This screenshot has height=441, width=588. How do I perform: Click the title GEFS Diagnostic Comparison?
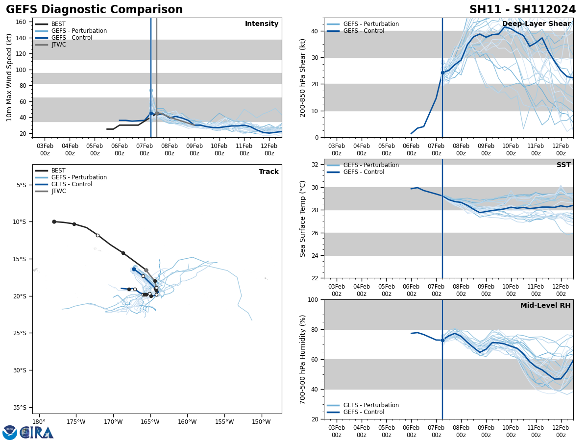click(x=94, y=10)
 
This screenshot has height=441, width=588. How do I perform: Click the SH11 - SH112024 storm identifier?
click(x=522, y=10)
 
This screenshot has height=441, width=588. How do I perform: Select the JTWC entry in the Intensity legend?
click(x=58, y=45)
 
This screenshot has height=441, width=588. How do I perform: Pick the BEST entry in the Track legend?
click(x=58, y=171)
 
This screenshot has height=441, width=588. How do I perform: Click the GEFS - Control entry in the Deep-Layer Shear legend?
click(x=364, y=31)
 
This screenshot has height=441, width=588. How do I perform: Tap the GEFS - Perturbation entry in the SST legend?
click(x=371, y=165)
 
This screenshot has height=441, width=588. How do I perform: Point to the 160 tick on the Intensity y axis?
click(x=21, y=22)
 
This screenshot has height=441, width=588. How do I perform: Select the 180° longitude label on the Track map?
click(x=39, y=421)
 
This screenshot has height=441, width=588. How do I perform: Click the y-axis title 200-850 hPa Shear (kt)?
click(x=303, y=77)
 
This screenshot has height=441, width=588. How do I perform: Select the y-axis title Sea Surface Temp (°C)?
click(x=303, y=219)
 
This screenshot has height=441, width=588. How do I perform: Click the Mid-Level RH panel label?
click(x=545, y=306)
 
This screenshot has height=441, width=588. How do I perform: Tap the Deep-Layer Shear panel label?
click(x=536, y=24)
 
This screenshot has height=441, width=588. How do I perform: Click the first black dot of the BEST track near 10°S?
click(x=54, y=221)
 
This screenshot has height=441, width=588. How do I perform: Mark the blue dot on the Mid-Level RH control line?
click(x=442, y=340)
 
